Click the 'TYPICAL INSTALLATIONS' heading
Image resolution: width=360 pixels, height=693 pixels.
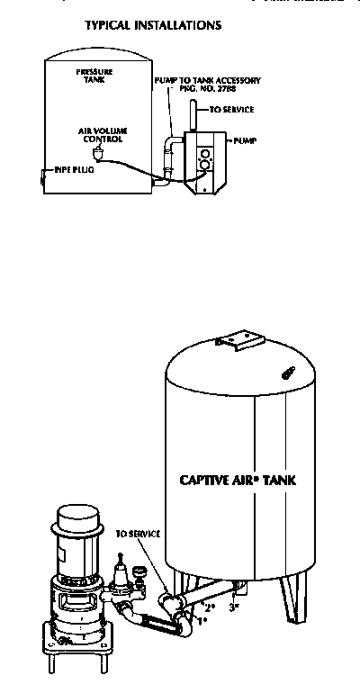(153, 26)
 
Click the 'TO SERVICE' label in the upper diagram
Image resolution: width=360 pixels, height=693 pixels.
(231, 110)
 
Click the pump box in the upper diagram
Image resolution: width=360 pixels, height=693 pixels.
(204, 157)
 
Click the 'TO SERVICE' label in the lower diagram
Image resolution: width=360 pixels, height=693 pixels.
(138, 534)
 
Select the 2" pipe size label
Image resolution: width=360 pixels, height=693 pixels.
(210, 608)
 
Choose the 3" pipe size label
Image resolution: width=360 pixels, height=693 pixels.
(234, 608)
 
